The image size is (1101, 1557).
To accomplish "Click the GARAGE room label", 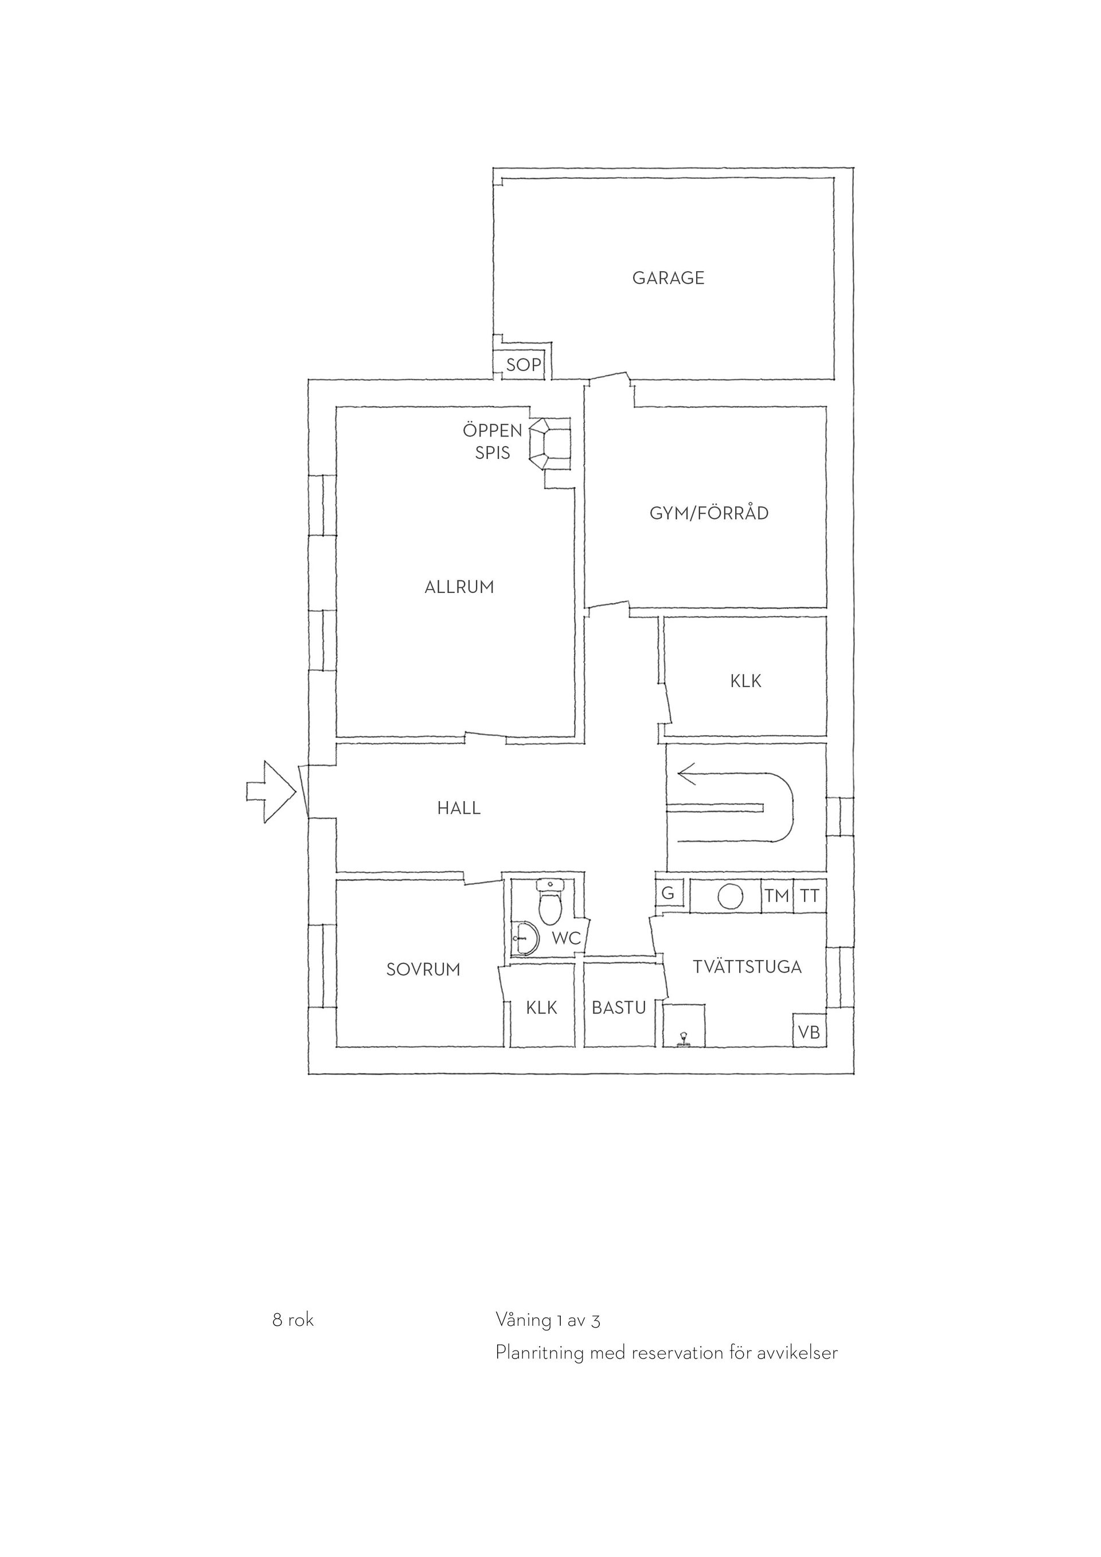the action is pos(668,278).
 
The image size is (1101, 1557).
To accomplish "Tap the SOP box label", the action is pos(524,365).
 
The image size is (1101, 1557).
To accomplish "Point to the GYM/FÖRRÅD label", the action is pos(709,513).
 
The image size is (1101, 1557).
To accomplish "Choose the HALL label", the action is pos(459,809).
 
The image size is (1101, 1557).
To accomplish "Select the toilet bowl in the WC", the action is pos(549,903).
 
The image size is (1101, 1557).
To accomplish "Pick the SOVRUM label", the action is pos(423,970).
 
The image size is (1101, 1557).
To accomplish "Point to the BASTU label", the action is pos(618,1008).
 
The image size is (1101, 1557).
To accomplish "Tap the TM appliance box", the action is pos(777,896).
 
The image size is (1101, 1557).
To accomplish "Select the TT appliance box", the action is pos(810,896).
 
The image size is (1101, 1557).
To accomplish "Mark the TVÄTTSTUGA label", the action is pos(747,966).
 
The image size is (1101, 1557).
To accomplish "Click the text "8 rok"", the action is pos(293,1320).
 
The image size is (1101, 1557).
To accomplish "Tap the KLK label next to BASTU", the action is pos(542,1008).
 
